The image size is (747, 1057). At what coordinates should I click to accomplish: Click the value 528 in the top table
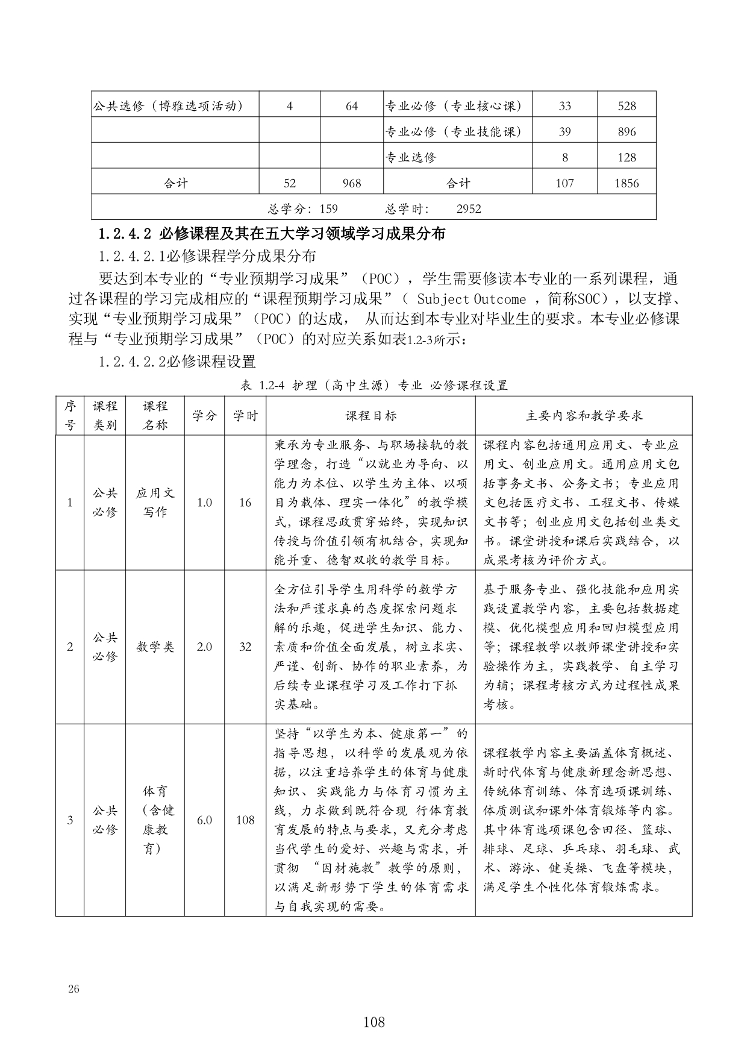tap(627, 107)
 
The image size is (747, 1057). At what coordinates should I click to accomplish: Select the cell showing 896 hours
tap(627, 132)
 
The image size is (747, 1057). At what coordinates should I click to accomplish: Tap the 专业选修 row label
tap(410, 158)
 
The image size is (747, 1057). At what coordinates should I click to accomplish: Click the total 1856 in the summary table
tap(627, 183)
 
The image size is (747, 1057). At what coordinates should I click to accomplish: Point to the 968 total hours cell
tap(351, 183)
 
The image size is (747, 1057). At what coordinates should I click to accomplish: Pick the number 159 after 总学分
tap(328, 209)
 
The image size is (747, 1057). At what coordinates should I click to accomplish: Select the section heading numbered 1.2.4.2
tap(272, 234)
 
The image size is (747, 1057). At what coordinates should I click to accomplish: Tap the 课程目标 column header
tap(370, 416)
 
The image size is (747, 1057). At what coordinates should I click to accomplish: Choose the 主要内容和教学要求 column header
tap(584, 416)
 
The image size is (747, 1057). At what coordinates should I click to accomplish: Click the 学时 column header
tap(245, 416)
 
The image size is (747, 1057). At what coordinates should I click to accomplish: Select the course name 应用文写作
tap(155, 503)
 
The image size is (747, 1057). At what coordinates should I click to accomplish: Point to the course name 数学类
tap(155, 647)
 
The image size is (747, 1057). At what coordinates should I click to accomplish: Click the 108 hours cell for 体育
tap(245, 820)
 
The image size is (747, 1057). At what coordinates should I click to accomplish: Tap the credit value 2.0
tap(204, 647)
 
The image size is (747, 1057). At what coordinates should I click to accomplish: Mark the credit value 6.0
tap(204, 820)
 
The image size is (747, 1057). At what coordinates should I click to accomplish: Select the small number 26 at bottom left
tap(74, 989)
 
